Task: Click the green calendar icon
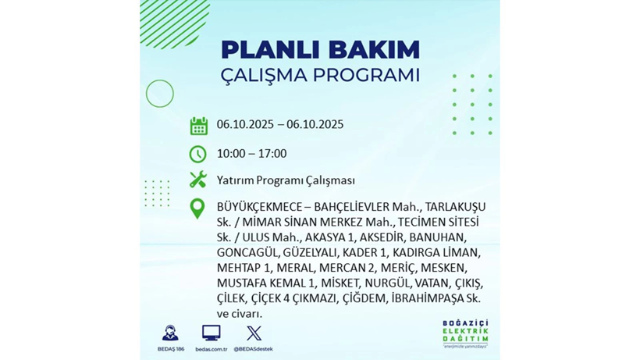[x=198, y=126]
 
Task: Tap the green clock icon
[x=198, y=154]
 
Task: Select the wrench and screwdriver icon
[x=198, y=180]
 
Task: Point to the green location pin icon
[x=198, y=208]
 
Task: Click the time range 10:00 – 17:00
[x=251, y=154]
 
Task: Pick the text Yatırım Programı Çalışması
[x=286, y=180]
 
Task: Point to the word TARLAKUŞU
[x=455, y=207]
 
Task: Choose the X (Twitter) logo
[x=254, y=333]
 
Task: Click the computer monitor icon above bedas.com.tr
[x=211, y=333]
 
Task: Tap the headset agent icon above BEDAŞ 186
[x=169, y=333]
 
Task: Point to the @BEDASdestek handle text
[x=254, y=349]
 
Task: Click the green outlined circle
[x=160, y=94]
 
